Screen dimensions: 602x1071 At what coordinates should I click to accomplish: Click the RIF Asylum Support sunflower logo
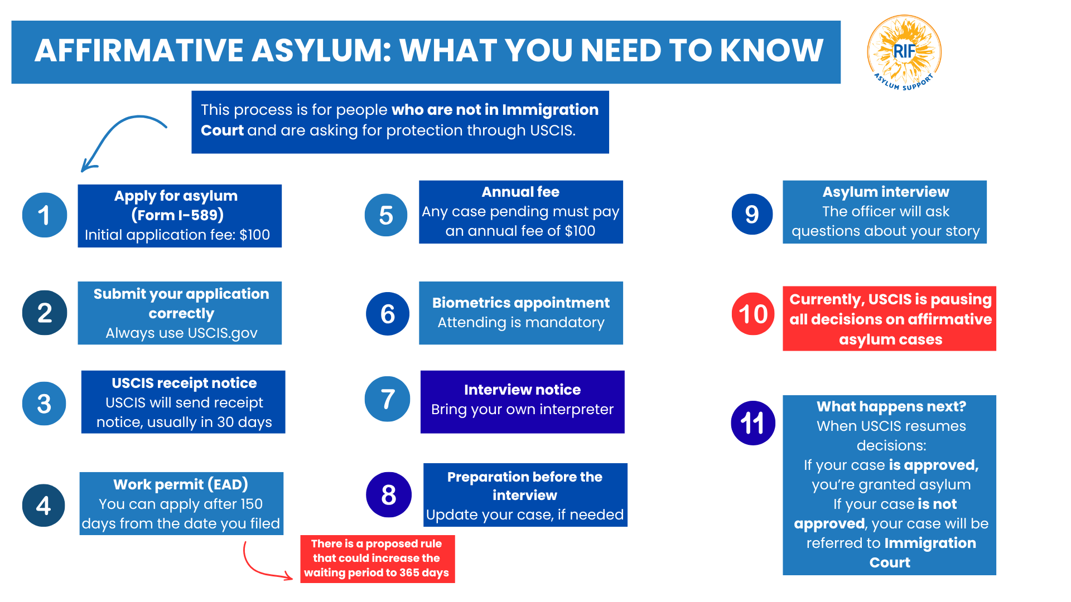click(x=904, y=52)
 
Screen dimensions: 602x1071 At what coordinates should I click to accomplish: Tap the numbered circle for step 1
click(x=45, y=215)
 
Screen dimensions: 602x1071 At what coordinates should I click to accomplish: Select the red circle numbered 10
click(x=753, y=314)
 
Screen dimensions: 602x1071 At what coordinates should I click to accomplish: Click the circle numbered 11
click(x=753, y=423)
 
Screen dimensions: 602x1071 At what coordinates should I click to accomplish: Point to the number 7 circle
click(x=388, y=399)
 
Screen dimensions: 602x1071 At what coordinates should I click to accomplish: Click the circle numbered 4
click(x=44, y=506)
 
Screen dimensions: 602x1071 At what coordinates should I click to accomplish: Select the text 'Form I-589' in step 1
click(x=177, y=215)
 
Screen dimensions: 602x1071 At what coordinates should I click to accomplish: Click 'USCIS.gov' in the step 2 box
click(x=223, y=333)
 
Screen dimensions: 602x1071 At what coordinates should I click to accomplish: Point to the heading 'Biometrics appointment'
click(x=520, y=303)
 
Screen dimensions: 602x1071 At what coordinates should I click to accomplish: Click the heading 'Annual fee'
click(x=520, y=192)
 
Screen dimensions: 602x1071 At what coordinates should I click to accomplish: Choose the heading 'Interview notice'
click(x=522, y=390)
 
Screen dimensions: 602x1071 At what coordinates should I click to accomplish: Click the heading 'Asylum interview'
click(x=885, y=192)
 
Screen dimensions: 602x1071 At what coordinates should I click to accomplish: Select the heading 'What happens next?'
click(x=891, y=406)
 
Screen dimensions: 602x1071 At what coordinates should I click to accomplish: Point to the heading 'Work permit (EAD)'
click(x=181, y=484)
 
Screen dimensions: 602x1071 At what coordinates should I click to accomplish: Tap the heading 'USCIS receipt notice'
click(x=184, y=383)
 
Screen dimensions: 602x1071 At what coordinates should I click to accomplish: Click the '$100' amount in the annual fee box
click(x=580, y=231)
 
